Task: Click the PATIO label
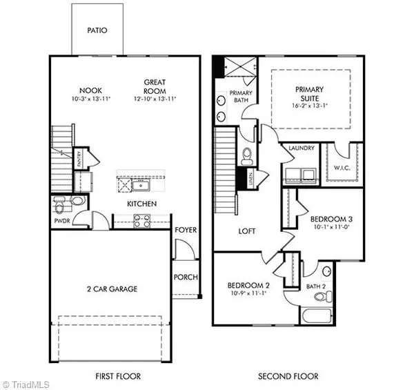click(98, 30)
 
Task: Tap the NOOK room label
click(92, 90)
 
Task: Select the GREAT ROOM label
click(154, 86)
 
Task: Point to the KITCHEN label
click(141, 204)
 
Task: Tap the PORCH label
click(186, 277)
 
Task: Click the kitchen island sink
click(144, 184)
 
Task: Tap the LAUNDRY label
click(302, 148)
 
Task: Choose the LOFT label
click(248, 232)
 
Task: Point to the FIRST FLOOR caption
click(118, 377)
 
